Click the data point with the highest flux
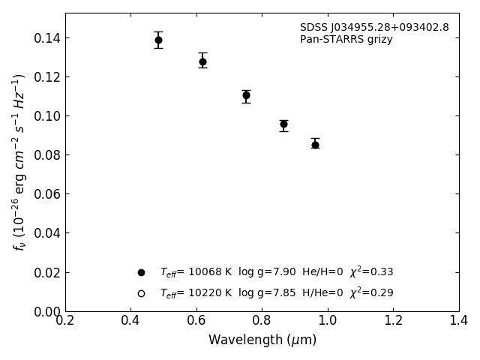click(158, 40)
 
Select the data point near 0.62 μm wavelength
click(202, 61)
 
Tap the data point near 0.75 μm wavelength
click(246, 95)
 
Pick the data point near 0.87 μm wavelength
click(283, 124)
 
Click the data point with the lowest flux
click(315, 145)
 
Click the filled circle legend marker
click(141, 272)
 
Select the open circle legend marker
click(141, 293)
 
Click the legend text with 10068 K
click(276, 272)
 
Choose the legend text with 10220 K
click(276, 293)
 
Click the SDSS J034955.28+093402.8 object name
click(374, 28)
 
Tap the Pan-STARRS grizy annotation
click(346, 40)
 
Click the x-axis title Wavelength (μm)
click(262, 340)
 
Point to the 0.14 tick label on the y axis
click(47, 38)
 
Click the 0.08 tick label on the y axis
click(47, 155)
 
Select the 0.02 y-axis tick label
click(47, 272)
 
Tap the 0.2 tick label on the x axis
click(65, 321)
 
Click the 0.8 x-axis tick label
click(262, 321)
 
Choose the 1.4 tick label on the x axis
click(459, 321)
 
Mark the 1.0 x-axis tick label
click(328, 321)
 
